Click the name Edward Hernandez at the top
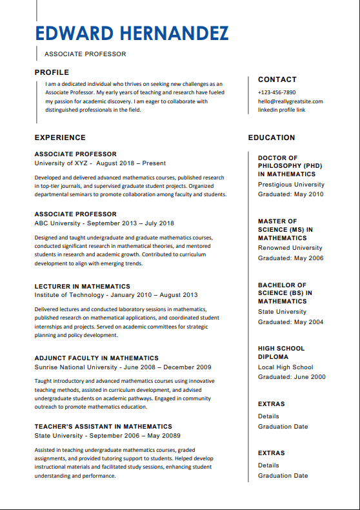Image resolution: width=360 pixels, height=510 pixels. coord(132,33)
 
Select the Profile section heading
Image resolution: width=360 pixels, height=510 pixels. coord(52,72)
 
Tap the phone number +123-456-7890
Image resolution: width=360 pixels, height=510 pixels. coord(277,92)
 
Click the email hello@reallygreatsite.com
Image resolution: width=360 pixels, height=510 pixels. coord(290,101)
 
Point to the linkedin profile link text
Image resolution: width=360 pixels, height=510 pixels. coord(281,110)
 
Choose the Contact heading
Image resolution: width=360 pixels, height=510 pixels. coord(277,79)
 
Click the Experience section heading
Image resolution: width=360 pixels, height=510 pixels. coord(60,138)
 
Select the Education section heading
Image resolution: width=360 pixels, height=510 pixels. coord(272,138)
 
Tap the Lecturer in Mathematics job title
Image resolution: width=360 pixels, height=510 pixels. coord(82,286)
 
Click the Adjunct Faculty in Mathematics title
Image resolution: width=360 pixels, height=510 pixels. coord(96,358)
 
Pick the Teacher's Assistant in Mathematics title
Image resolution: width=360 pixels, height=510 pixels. coord(103,426)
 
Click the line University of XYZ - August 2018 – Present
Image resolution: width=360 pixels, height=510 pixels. coord(100,163)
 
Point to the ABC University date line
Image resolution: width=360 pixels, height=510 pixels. coord(104,223)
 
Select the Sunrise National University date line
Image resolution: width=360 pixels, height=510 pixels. coord(123,367)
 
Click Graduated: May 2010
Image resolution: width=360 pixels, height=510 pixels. coord(290,194)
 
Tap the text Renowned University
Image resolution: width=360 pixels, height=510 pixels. coord(290,248)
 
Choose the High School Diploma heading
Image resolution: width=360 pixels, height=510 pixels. coord(281,352)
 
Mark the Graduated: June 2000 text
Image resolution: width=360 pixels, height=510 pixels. coord(292,378)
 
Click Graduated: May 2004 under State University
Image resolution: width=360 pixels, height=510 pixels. coord(290,322)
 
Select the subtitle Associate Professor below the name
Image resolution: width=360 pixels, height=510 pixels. coord(85,54)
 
